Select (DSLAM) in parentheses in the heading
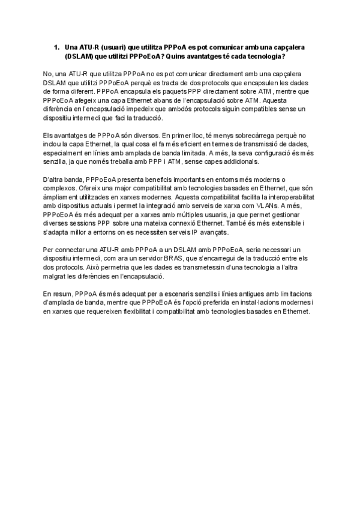80,56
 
